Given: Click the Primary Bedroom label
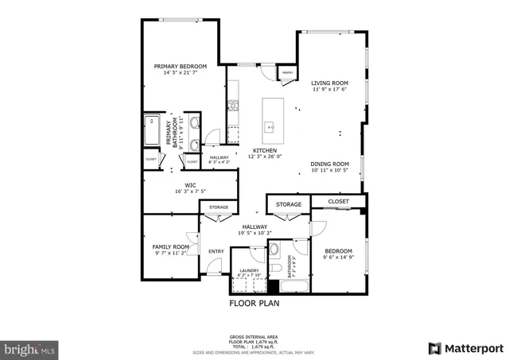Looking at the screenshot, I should tap(180, 66).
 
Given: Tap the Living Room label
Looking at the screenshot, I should tap(329, 82).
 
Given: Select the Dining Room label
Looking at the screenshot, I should tap(329, 164).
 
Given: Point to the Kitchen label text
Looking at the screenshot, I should tap(265, 150).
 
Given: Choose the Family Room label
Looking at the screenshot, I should tap(171, 247).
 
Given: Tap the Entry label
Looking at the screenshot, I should tap(216, 252).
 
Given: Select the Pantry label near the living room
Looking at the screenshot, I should tap(287, 72).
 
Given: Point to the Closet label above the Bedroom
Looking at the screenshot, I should tap(339, 202).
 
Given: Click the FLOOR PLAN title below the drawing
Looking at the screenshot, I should tap(254, 303).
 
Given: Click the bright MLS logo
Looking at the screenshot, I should tap(30, 348).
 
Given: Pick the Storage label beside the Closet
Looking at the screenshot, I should tap(289, 205).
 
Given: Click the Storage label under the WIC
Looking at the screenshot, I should tap(218, 207).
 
